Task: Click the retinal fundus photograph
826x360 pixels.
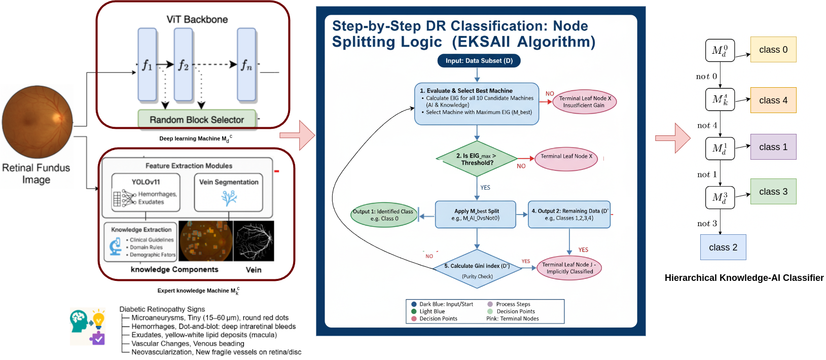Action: pos(37,122)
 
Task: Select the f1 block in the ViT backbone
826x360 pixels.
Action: pos(147,64)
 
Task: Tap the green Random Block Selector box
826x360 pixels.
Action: pos(197,120)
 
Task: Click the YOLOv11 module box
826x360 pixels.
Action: pos(146,193)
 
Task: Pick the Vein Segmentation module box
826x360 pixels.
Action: pos(229,193)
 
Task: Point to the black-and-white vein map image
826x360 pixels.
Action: pos(254,241)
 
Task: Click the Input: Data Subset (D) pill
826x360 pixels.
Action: pos(479,61)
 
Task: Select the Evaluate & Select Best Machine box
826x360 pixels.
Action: pos(477,103)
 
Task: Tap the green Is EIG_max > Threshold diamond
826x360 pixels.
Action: pos(477,159)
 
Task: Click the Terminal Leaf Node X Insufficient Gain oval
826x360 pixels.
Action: pos(584,102)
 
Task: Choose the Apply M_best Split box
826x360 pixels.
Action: pos(476,214)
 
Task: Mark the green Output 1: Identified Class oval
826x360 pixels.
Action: pos(384,215)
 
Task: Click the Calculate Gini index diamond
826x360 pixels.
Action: pos(477,269)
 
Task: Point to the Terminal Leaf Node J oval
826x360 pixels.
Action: pos(569,268)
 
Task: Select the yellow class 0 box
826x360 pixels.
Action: pos(773,50)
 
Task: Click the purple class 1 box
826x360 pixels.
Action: pos(773,147)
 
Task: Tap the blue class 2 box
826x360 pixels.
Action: pos(723,247)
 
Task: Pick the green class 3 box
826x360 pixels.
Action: pos(773,192)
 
